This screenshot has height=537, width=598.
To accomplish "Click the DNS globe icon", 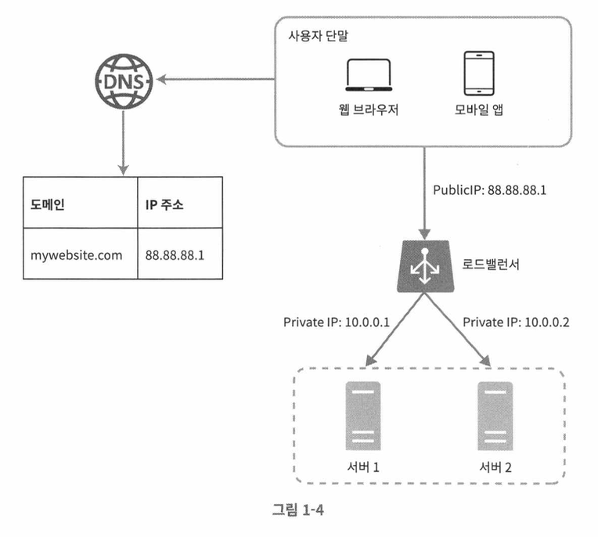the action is (x=124, y=81).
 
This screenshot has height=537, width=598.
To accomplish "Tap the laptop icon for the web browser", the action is (x=369, y=75).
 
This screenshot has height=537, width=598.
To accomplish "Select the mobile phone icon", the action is (x=479, y=74).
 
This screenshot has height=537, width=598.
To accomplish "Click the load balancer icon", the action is (x=426, y=266).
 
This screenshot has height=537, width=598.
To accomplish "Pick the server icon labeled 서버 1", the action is (x=363, y=416).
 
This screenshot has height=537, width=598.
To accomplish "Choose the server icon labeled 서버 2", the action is (x=495, y=416).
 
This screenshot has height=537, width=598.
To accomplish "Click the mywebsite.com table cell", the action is (x=80, y=254).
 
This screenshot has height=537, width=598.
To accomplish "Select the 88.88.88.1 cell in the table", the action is (x=180, y=254).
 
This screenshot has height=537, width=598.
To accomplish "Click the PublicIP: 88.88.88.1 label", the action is (x=489, y=190).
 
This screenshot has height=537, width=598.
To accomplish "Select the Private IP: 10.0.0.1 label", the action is (x=337, y=323).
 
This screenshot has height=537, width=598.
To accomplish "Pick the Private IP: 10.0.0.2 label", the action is (x=516, y=323).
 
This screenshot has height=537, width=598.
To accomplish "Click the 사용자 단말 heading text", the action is (x=318, y=36).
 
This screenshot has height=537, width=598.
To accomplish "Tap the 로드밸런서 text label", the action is (x=491, y=264).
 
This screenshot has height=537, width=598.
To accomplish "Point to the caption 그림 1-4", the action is (x=298, y=510).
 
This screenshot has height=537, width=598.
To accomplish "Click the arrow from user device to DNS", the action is (x=216, y=79).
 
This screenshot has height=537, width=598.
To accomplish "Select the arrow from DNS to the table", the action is (x=123, y=143).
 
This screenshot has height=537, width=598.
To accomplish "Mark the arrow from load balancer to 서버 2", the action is (x=458, y=330).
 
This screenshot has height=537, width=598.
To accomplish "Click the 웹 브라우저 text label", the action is (x=369, y=110).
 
